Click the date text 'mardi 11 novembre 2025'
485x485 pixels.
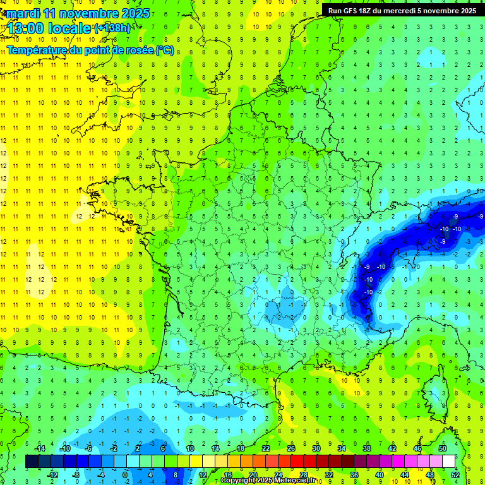pyautogui.click(x=78, y=13)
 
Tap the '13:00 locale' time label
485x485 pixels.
pyautogui.click(x=49, y=28)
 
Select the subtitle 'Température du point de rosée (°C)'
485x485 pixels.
pyautogui.click(x=90, y=50)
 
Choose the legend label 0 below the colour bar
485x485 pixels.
pyautogui.click(x=125, y=474)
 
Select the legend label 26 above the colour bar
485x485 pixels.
pyautogui.click(x=291, y=448)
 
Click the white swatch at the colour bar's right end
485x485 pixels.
pyautogui.click(x=448, y=462)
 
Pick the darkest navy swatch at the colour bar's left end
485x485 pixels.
pyautogui.click(x=32, y=462)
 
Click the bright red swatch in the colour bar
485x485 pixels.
pyautogui.click(x=297, y=462)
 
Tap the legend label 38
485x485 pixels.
pyautogui.click(x=366, y=448)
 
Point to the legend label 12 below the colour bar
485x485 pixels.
pyautogui.click(x=202, y=474)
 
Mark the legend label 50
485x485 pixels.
pyautogui.click(x=442, y=448)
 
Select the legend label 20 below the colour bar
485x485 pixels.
pyautogui.click(x=253, y=474)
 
